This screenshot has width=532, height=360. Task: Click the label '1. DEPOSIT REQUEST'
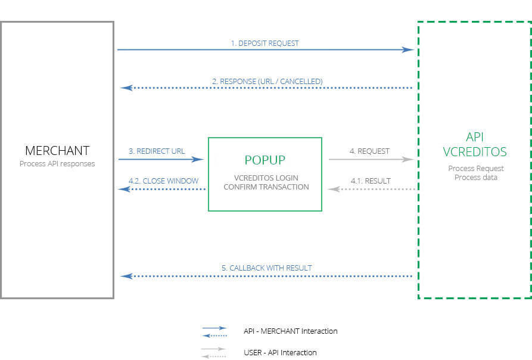tap(265, 44)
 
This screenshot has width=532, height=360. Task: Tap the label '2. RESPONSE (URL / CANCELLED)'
tap(267, 81)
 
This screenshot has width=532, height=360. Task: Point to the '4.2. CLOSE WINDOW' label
tap(163, 181)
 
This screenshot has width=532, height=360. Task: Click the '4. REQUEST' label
tap(369, 151)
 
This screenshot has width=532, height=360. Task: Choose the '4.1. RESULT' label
tap(370, 181)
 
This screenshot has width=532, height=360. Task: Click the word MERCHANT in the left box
tap(57, 151)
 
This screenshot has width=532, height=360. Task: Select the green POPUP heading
tap(265, 160)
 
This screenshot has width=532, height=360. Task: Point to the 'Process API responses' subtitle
tap(57, 164)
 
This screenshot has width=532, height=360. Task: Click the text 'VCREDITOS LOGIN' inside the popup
tap(266, 178)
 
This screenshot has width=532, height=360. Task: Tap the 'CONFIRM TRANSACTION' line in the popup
tap(266, 187)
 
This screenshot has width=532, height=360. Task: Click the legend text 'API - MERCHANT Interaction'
tap(290, 331)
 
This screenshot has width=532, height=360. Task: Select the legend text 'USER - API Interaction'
tap(280, 352)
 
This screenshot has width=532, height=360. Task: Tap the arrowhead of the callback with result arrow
tap(125, 277)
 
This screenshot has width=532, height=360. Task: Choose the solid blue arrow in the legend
tap(214, 328)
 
